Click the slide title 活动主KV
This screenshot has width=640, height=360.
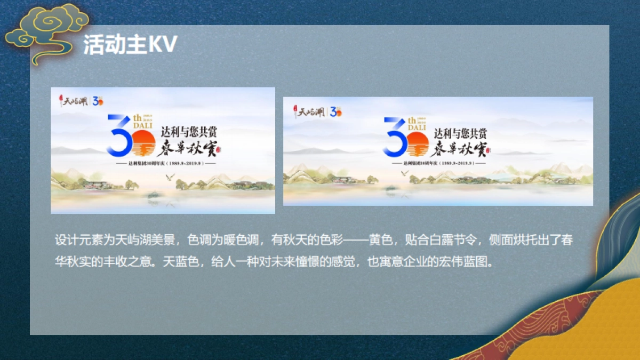(130, 46)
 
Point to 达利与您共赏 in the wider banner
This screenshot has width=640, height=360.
(460, 133)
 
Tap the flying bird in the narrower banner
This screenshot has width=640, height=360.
(171, 177)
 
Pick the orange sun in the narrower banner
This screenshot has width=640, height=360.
(142, 143)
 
